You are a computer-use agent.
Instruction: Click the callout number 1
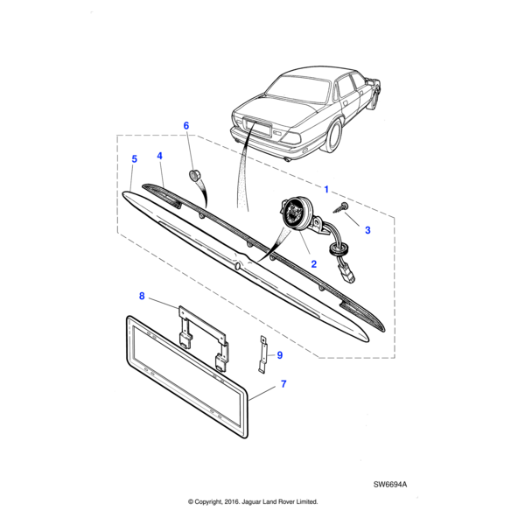(326, 189)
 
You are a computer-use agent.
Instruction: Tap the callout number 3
(367, 230)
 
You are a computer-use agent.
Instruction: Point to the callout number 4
(160, 157)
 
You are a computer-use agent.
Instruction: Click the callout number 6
(185, 126)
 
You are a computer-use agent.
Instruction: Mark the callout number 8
(143, 296)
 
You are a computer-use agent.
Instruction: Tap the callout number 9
(279, 354)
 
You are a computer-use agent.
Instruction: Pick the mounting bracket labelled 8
(201, 332)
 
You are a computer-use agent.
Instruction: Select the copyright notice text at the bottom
(253, 502)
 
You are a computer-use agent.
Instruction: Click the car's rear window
(300, 86)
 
